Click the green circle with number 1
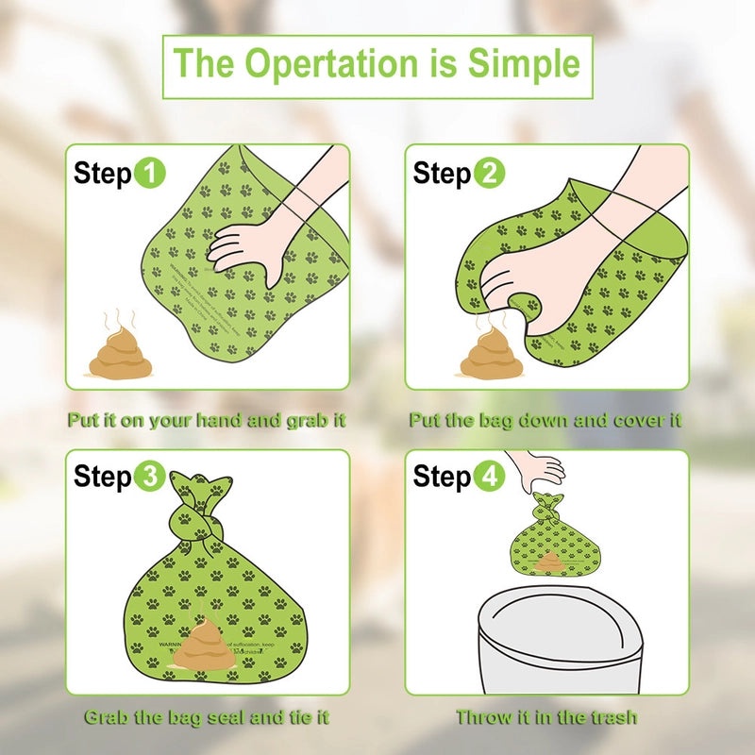coord(150,174)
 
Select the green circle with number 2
coord(490,174)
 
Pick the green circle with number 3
coord(150,477)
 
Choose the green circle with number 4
coord(490,477)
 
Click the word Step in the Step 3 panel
coord(102,477)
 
